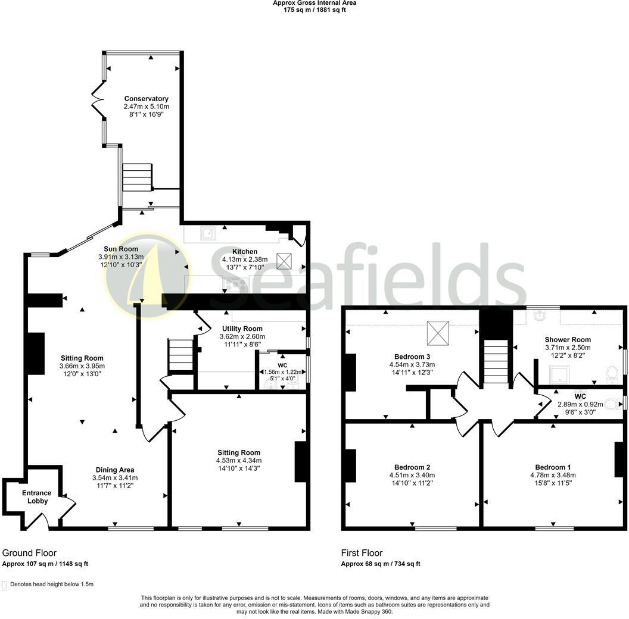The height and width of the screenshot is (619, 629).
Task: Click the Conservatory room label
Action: [x=146, y=99]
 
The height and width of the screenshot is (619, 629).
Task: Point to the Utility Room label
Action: [x=242, y=329]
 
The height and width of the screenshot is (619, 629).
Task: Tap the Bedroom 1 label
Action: [x=552, y=467]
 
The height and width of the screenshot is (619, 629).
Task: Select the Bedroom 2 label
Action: [x=412, y=467]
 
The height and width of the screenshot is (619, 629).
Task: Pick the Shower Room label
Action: [x=567, y=339]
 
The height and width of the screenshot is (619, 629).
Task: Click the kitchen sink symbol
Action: [x=208, y=233]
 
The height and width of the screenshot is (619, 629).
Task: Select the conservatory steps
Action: [x=138, y=176]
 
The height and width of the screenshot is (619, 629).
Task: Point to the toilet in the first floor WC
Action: [x=612, y=403]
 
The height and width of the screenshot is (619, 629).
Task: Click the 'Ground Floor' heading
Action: [x=29, y=553]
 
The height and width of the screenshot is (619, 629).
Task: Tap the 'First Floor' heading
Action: [x=362, y=553]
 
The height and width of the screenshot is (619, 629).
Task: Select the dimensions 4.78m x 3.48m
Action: [x=552, y=475]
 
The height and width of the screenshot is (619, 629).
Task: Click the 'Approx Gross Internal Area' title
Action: [x=314, y=3]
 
